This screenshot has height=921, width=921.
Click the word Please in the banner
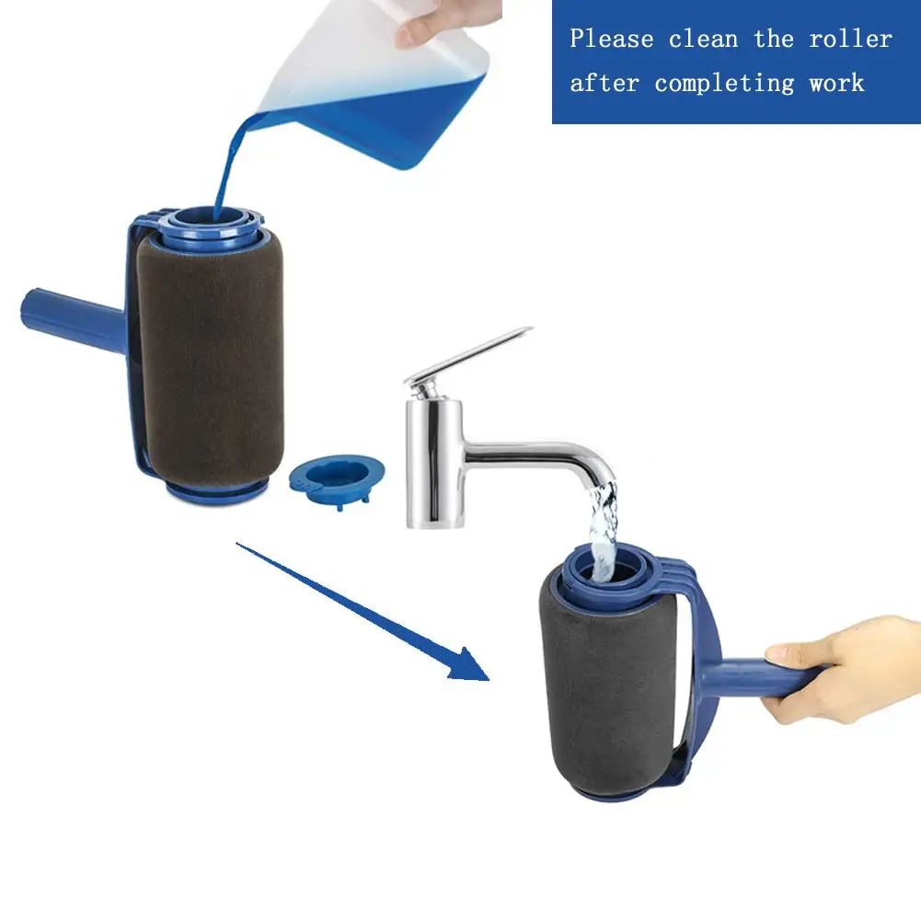[612, 40]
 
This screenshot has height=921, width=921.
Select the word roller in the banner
[850, 40]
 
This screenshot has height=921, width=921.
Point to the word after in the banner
[604, 83]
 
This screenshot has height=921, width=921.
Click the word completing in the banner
[725, 83]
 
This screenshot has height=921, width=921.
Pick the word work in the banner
[836, 83]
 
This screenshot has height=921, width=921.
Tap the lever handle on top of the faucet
[469, 354]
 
